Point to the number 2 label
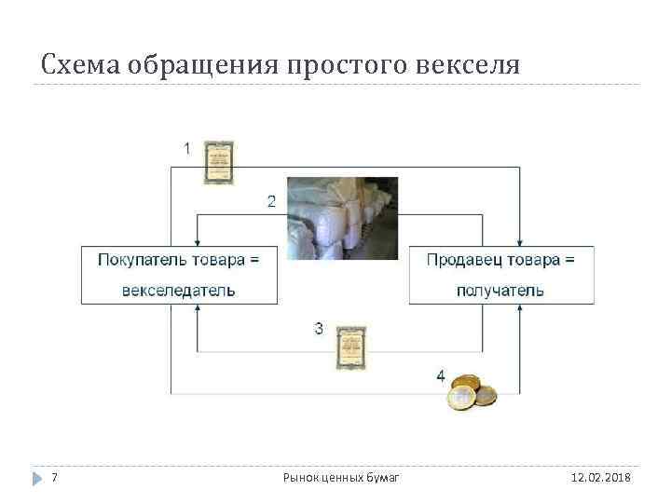[x=271, y=200]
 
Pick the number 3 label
[x=319, y=328]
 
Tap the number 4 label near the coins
[x=440, y=375]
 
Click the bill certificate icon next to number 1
[x=219, y=162]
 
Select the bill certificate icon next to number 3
[x=351, y=346]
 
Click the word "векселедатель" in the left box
[x=179, y=290]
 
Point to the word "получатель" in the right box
[x=500, y=290]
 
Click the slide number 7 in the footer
[x=54, y=478]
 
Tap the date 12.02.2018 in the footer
[x=600, y=478]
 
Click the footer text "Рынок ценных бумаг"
[x=341, y=478]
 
